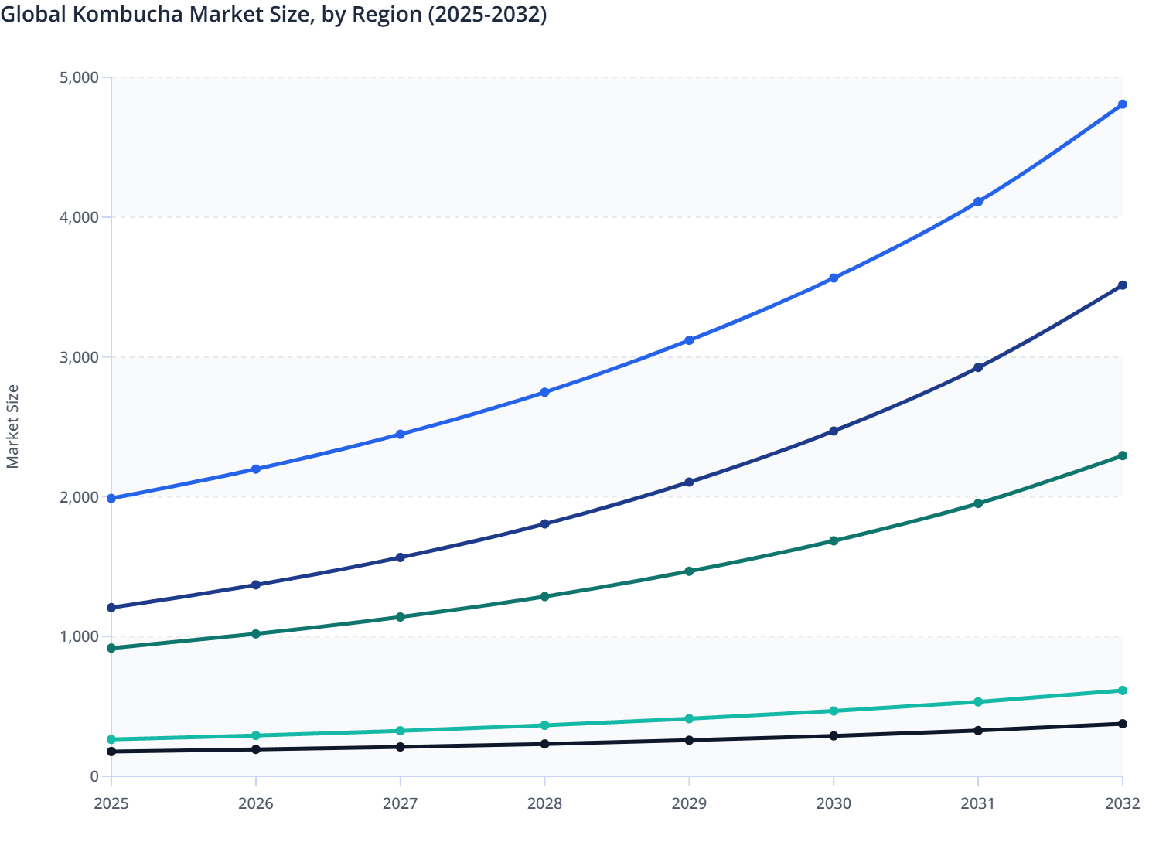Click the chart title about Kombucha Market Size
pyautogui.click(x=274, y=15)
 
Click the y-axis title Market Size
pyautogui.click(x=12, y=426)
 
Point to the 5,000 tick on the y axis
pyautogui.click(x=79, y=77)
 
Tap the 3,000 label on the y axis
pyautogui.click(x=79, y=357)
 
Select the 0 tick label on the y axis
pyautogui.click(x=94, y=776)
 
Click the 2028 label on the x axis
pyautogui.click(x=544, y=803)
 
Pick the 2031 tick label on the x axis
pyautogui.click(x=978, y=803)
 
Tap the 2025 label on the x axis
pyautogui.click(x=111, y=803)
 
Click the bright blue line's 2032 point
pyautogui.click(x=1123, y=104)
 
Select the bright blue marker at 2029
pyautogui.click(x=689, y=340)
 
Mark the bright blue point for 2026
pyautogui.click(x=256, y=469)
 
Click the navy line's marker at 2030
pyautogui.click(x=834, y=431)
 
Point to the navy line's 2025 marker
pyautogui.click(x=111, y=608)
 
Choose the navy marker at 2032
pyautogui.click(x=1123, y=285)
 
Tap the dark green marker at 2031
pyautogui.click(x=978, y=503)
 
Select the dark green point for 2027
pyautogui.click(x=401, y=617)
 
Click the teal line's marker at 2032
pyautogui.click(x=1123, y=690)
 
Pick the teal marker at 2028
pyautogui.click(x=544, y=725)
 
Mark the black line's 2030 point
pyautogui.click(x=834, y=736)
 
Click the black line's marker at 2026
pyautogui.click(x=256, y=749)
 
